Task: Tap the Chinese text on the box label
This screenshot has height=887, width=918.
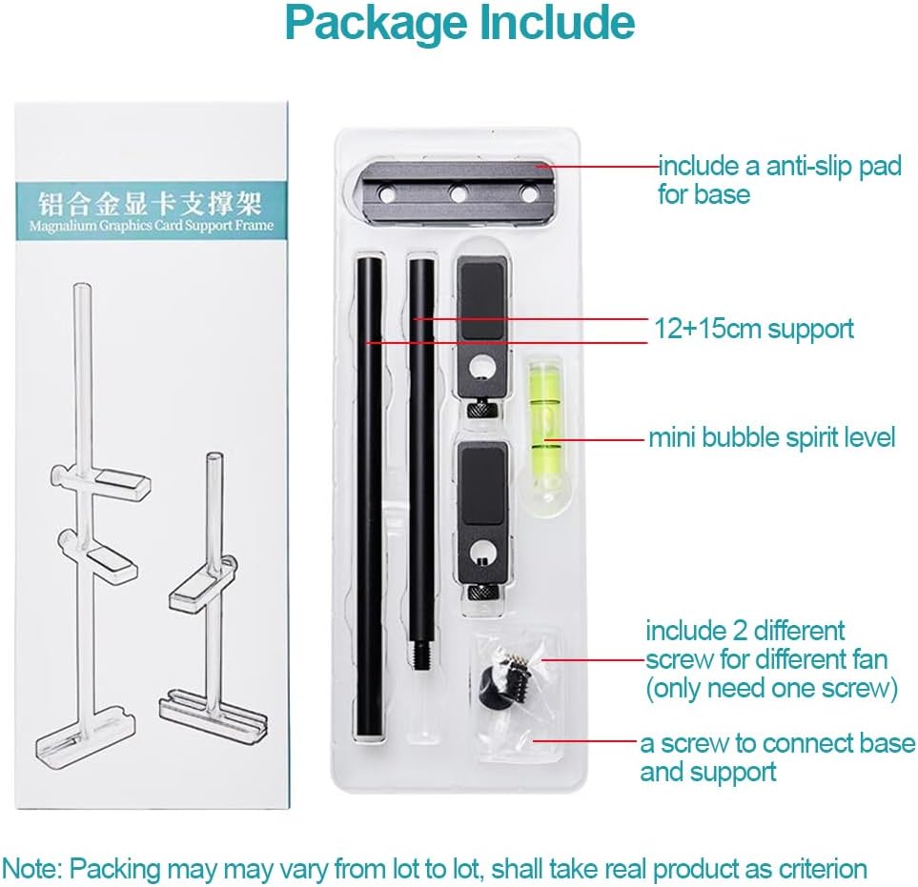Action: pyautogui.click(x=151, y=203)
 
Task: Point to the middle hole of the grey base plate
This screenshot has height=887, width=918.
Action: pyautogui.click(x=459, y=195)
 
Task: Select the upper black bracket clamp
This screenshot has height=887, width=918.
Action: pyautogui.click(x=483, y=330)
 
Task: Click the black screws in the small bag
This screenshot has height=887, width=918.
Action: pyautogui.click(x=495, y=682)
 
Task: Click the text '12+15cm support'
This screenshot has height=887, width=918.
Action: pyautogui.click(x=753, y=330)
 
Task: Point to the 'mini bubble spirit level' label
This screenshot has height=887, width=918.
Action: pyautogui.click(x=771, y=437)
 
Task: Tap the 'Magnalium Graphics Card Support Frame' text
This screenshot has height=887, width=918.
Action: pyautogui.click(x=151, y=226)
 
